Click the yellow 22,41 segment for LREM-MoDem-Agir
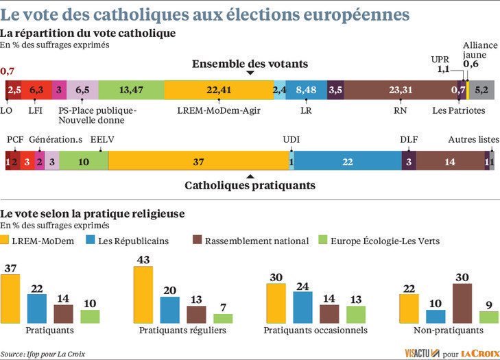pyautogui.click(x=218, y=90)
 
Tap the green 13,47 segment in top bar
pyautogui.click(x=130, y=90)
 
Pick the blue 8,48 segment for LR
pyautogui.click(x=307, y=90)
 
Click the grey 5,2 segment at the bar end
pyautogui.click(x=482, y=90)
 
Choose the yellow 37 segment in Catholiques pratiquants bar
pyautogui.click(x=198, y=161)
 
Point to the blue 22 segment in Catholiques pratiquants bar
pyautogui.click(x=347, y=161)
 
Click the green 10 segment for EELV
pyautogui.click(x=83, y=161)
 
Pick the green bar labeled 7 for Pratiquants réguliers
pyautogui.click(x=223, y=318)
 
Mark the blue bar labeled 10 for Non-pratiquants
pyautogui.click(x=436, y=316)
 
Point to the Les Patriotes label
pyautogui.click(x=459, y=110)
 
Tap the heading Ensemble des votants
pyautogui.click(x=250, y=64)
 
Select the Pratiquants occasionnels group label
pyautogui.click(x=316, y=331)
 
